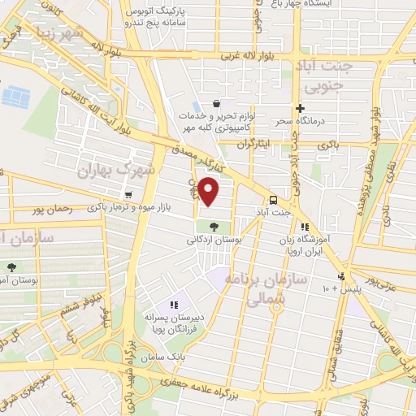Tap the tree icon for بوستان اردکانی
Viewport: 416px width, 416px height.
[214, 227]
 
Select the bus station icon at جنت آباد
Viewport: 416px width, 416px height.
[272, 199]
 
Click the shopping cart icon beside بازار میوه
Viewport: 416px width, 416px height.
[129, 195]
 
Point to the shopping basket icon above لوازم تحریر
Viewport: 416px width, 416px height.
[216, 103]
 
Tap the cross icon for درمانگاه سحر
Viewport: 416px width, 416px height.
[300, 108]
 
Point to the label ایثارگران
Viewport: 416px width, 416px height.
[253, 144]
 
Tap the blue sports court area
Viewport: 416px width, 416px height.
[14, 97]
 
